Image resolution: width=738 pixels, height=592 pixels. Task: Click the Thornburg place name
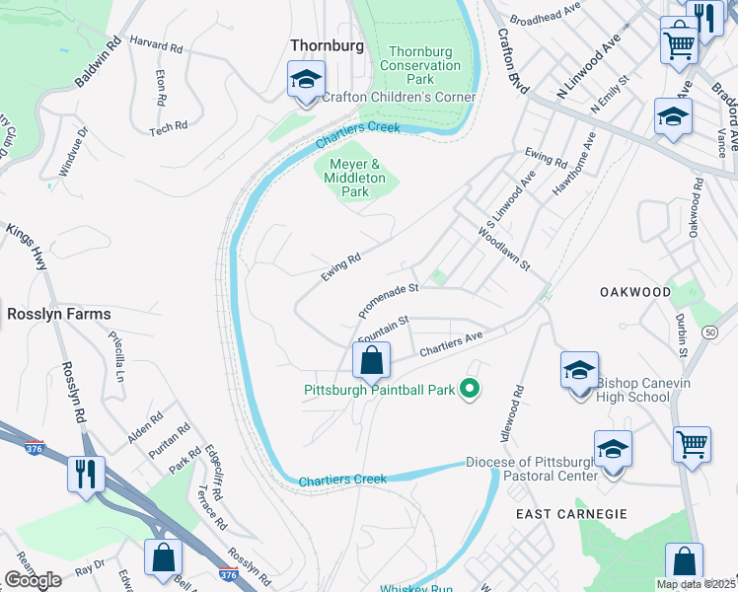click(327, 45)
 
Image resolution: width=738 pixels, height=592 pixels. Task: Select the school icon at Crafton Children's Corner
click(306, 80)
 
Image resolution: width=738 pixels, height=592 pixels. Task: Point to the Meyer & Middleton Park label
click(354, 178)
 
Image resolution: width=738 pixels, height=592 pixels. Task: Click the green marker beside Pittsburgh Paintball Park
click(471, 389)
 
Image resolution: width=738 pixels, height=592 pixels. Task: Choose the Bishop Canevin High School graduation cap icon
click(579, 370)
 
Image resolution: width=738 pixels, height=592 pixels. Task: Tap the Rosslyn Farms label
click(59, 314)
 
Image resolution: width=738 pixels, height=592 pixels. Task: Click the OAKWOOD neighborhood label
click(635, 292)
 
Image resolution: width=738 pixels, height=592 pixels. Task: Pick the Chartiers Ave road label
click(450, 343)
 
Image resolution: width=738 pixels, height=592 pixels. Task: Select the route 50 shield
click(709, 333)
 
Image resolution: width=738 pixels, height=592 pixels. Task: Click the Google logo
click(33, 580)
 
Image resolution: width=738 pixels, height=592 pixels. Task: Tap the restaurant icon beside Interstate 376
click(86, 473)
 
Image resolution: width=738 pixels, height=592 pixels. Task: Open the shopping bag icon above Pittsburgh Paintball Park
click(371, 361)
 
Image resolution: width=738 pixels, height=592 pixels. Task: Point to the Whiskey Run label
click(416, 589)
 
